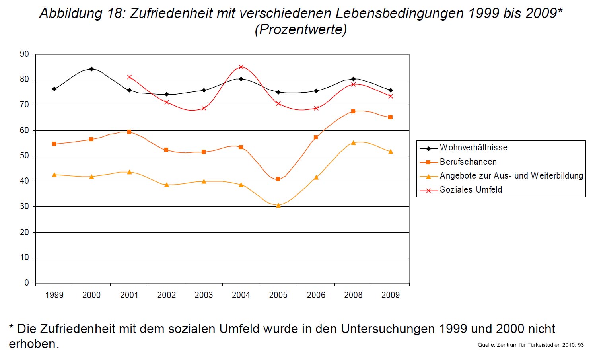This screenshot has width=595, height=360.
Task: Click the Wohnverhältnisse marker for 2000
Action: coord(91,69)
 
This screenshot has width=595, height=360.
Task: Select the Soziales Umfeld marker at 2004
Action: coord(241,67)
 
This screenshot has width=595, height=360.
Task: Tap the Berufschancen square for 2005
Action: coord(278,179)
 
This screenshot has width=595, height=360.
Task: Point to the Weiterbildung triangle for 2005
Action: coord(278,206)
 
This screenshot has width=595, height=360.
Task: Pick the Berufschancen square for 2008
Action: coord(353,111)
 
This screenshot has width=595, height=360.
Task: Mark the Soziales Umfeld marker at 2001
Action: coord(129,77)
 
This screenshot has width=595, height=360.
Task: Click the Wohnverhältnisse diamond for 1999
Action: coord(54,89)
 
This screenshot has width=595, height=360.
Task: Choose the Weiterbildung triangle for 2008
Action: coord(353,143)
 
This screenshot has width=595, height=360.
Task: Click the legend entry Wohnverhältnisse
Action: coord(473,148)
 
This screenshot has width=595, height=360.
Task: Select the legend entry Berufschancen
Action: coord(468,162)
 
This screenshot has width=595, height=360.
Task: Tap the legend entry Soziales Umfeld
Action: coord(471,190)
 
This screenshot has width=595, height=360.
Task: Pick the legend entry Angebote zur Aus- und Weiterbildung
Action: coord(511,176)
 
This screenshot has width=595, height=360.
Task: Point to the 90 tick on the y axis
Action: coord(25,54)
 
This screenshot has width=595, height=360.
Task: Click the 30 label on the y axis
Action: coord(25,206)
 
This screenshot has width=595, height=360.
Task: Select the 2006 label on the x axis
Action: coord(316,295)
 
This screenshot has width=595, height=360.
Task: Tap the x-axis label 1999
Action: coord(54,295)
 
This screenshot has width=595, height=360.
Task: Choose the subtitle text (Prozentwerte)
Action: coord(301,29)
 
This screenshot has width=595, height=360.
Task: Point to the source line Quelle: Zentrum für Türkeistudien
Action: coord(531,345)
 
